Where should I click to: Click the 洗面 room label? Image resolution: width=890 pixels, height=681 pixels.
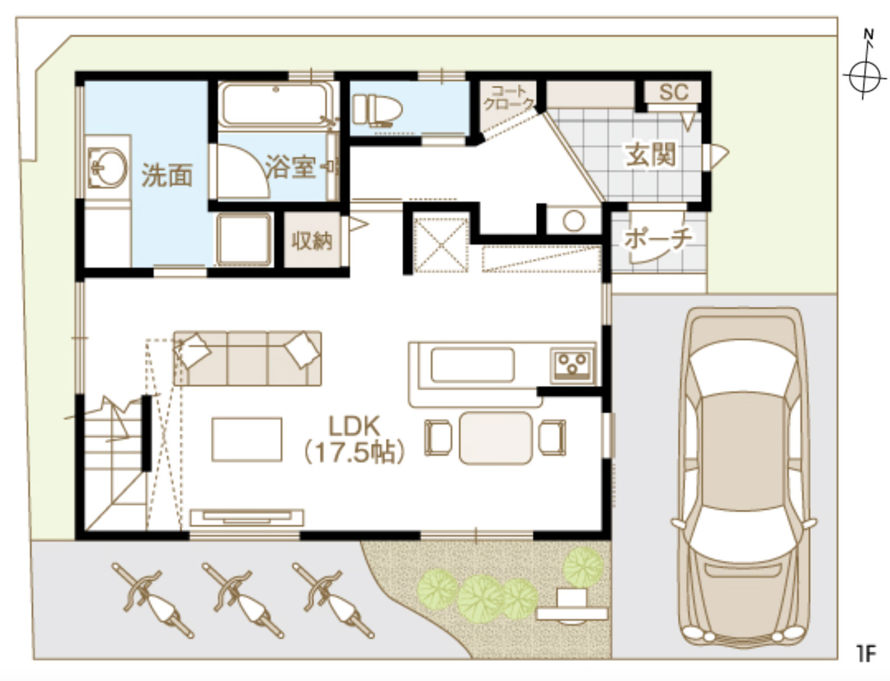pyautogui.click(x=166, y=176)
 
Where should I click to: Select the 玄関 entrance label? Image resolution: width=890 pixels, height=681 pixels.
pyautogui.click(x=651, y=154)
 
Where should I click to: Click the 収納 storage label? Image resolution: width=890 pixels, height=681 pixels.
pyautogui.click(x=312, y=241)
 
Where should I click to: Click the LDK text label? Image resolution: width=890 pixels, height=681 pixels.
pyautogui.click(x=354, y=426)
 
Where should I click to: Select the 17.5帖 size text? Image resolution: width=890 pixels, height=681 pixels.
pyautogui.click(x=354, y=453)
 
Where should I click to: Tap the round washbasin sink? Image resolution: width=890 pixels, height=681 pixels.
pyautogui.click(x=107, y=168)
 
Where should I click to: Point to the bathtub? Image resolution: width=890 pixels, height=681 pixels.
pyautogui.click(x=276, y=105)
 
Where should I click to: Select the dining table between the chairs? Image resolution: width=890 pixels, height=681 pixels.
pyautogui.click(x=495, y=438)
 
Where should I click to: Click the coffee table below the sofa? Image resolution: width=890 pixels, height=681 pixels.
pyautogui.click(x=247, y=439)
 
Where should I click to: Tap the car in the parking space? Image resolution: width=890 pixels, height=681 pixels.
pyautogui.click(x=743, y=477)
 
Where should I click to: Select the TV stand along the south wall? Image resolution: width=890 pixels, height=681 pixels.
pyautogui.click(x=247, y=518)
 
